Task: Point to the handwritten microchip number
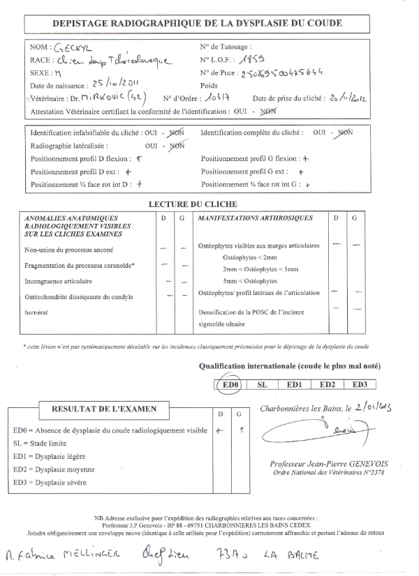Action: (301, 73)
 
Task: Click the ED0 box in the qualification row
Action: (228, 384)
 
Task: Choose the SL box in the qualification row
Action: (262, 384)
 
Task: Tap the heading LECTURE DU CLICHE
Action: (193, 204)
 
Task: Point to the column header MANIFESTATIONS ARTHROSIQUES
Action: (256, 218)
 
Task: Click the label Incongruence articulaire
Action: (59, 282)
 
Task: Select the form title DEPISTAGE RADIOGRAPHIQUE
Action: (198, 23)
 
